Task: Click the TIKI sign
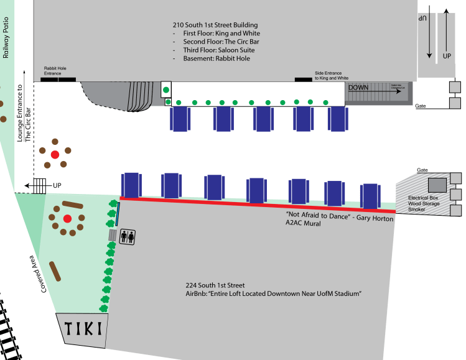[82, 328]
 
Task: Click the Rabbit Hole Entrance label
[52, 71]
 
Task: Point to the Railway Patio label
[6, 37]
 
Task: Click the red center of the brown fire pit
[55, 154]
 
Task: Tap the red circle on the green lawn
[67, 218]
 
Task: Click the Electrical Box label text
[424, 198]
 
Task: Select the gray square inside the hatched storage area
[436, 185]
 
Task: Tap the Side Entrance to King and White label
[332, 76]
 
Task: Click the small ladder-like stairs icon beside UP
[40, 185]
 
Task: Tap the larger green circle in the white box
[166, 90]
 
